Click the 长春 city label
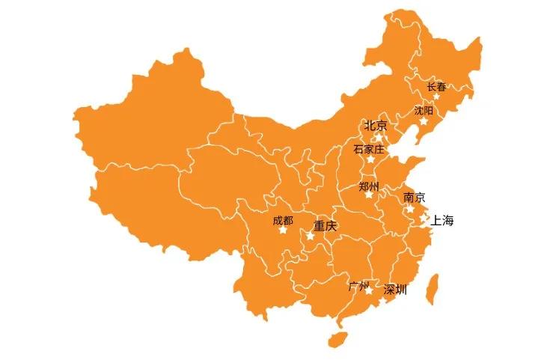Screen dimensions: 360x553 [436, 87]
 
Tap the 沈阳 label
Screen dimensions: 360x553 [424, 110]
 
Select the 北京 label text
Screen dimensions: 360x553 [376, 126]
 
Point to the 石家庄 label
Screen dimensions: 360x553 [368, 149]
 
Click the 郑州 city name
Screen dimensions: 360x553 [368, 185]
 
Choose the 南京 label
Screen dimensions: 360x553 [414, 198]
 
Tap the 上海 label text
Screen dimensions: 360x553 [442, 221]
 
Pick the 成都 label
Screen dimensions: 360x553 [283, 220]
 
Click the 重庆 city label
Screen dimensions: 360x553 [326, 225]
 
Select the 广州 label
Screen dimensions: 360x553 [359, 286]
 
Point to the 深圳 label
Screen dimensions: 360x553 [395, 290]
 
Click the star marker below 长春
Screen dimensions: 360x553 [436, 97]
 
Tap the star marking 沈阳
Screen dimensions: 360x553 [424, 120]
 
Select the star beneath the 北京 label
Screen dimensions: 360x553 [379, 137]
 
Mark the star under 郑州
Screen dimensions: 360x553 [368, 195]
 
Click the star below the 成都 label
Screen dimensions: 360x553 [283, 230]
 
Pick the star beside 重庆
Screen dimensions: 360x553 [310, 236]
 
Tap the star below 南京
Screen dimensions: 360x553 [411, 208]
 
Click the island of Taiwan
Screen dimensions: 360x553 [432, 288]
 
